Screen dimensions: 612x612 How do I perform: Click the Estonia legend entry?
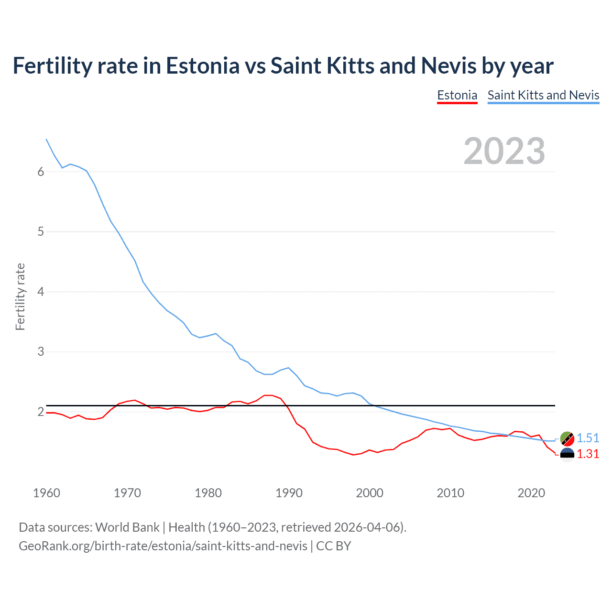[457, 95]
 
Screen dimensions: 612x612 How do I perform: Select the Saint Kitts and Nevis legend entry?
[543, 95]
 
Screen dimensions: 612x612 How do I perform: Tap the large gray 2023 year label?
[504, 151]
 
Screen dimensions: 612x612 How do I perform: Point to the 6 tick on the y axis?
[41, 172]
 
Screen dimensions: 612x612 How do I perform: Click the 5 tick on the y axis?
[41, 232]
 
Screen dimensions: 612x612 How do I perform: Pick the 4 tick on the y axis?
[41, 292]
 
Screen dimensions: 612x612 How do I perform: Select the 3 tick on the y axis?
[41, 352]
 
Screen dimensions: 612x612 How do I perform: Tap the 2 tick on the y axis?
[41, 412]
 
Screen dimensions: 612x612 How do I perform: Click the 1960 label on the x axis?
[46, 493]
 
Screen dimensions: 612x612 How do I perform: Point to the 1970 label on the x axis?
[127, 493]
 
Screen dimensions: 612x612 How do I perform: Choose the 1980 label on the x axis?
[208, 493]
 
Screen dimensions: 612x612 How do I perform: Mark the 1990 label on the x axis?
[289, 493]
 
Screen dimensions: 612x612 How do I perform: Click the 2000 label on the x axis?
[370, 493]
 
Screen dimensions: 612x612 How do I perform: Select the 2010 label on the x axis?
[450, 493]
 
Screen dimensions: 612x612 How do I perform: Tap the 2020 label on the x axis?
[531, 493]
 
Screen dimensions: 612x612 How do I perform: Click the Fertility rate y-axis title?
[20, 296]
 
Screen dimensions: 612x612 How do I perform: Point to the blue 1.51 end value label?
[588, 438]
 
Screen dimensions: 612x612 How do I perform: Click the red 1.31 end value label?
[588, 454]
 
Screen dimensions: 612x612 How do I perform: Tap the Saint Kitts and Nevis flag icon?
[567, 438]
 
